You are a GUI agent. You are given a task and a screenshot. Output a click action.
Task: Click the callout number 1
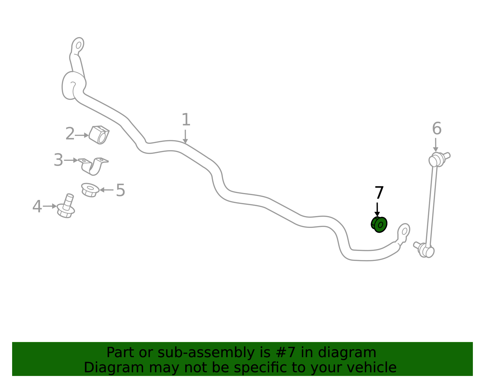point(186,120)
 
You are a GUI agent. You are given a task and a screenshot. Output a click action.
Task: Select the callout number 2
point(70,134)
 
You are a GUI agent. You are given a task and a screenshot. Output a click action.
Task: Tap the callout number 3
point(59,160)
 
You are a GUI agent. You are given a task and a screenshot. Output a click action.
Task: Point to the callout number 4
point(37,206)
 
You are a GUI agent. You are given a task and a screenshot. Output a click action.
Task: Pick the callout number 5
point(121,190)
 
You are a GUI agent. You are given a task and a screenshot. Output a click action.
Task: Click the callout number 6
point(437,128)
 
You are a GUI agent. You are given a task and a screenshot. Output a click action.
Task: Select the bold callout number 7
point(380,192)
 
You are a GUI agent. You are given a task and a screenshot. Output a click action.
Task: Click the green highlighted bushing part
point(379,225)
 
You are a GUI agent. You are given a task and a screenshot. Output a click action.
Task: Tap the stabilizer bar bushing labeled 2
point(99,135)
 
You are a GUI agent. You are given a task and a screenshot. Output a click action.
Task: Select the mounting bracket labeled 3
point(93,166)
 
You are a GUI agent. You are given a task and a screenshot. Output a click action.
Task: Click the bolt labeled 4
point(66,206)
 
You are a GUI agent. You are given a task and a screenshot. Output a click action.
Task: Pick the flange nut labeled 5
point(90,190)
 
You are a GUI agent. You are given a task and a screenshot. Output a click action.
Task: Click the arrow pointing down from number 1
point(185,137)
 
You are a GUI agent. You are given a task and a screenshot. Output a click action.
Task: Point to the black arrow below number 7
point(377,209)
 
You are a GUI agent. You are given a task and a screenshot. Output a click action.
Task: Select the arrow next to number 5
point(106,190)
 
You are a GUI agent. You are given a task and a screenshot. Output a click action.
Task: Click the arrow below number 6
point(436,145)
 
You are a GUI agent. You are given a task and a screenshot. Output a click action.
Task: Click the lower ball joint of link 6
point(424,250)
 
